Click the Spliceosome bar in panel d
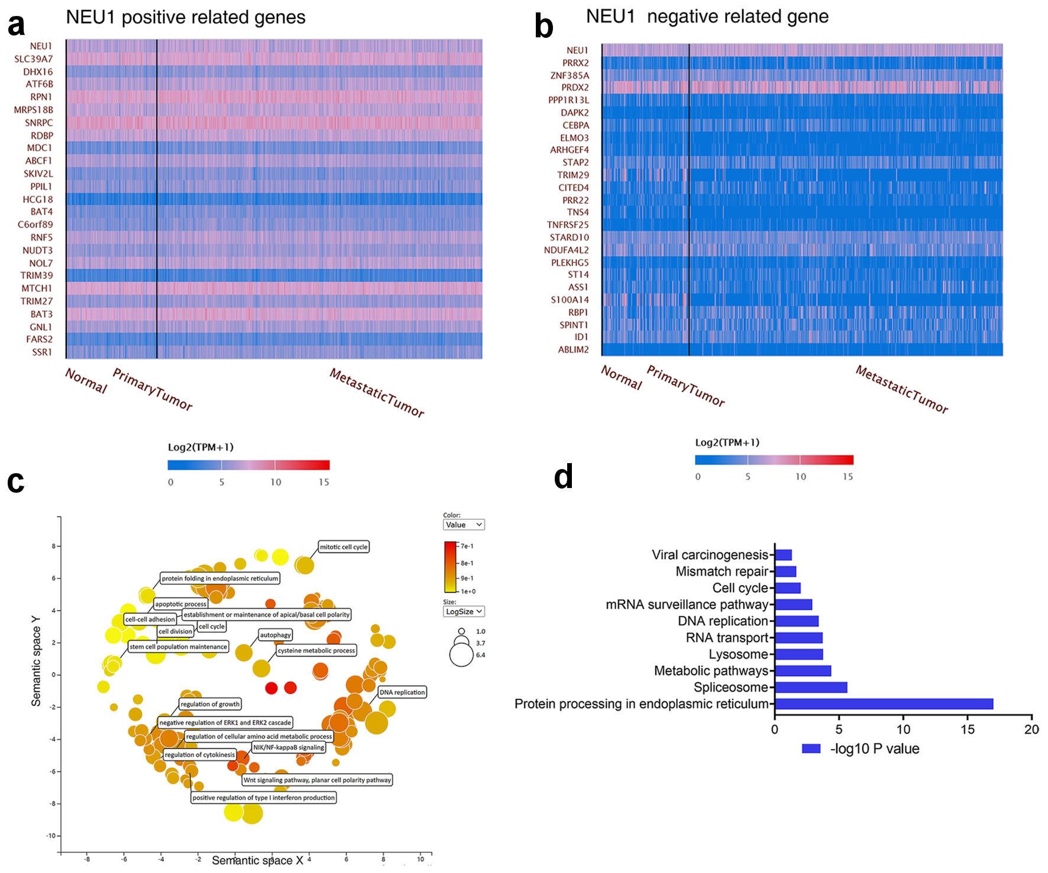811,687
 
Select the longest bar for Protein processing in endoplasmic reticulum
884,704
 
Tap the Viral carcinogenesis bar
784,555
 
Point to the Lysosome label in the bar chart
738,654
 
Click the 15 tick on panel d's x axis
968,729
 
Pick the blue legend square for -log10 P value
811,749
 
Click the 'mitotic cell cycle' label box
344,547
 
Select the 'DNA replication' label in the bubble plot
402,692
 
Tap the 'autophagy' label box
276,635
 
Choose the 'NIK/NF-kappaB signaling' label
289,748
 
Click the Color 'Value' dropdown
464,525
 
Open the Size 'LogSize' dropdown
464,612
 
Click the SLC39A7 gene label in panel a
34,59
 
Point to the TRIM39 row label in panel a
37,276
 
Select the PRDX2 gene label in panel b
575,88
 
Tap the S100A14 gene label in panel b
570,300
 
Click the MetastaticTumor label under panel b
901,389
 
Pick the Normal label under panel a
86,381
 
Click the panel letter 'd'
563,477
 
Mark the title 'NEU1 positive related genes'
186,17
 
